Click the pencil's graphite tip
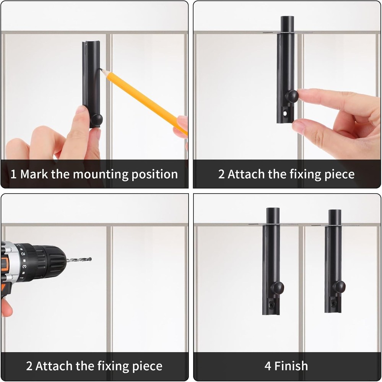(100, 70)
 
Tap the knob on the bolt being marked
(97, 119)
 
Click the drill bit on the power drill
(79, 260)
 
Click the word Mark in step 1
(34, 174)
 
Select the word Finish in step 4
(291, 366)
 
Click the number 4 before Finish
(268, 366)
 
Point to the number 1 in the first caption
(13, 175)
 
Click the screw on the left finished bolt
(271, 304)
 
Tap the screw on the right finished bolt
(333, 303)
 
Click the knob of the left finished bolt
(277, 288)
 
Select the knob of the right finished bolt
(339, 287)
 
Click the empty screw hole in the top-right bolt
(285, 113)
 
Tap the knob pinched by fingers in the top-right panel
(292, 96)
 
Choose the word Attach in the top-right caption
(246, 174)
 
